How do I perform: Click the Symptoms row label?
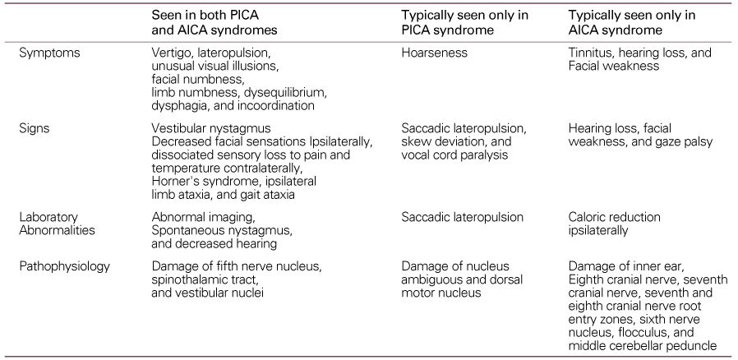pos(46,53)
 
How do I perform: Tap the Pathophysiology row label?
pos(63,266)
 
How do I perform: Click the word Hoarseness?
pos(434,53)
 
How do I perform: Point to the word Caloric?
pos(589,217)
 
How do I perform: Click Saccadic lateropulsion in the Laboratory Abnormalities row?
pos(463,217)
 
